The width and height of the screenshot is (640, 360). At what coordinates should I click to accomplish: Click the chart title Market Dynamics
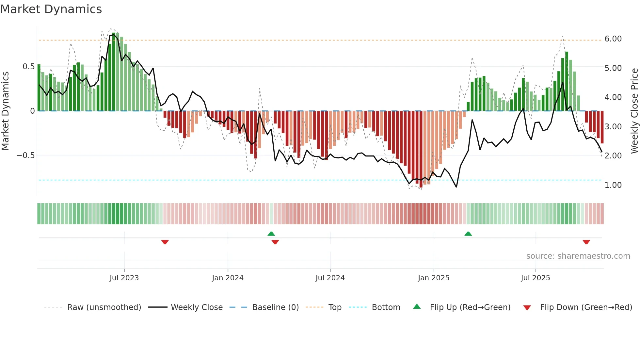(51, 9)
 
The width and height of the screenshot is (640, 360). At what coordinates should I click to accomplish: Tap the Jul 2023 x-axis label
(124, 278)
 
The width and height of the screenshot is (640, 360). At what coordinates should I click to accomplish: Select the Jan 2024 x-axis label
(228, 278)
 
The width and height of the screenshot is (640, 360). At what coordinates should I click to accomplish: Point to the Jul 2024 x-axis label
(330, 278)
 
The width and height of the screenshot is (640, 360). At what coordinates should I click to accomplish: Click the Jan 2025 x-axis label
(433, 278)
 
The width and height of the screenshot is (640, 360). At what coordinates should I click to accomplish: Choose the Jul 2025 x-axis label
(535, 278)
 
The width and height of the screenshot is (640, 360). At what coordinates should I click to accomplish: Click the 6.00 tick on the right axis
(613, 39)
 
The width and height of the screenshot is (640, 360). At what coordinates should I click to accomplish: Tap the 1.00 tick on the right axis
(613, 185)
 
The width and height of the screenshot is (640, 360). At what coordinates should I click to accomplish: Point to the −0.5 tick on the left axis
(25, 155)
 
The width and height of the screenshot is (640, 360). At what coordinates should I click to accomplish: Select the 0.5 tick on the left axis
(28, 67)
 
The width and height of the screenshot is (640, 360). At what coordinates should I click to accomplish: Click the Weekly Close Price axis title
(634, 111)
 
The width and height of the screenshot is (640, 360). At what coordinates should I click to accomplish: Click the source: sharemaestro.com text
(578, 256)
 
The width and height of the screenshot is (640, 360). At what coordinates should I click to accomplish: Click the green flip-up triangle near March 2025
(468, 234)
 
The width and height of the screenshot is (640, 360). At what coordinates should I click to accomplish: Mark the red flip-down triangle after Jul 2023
(165, 242)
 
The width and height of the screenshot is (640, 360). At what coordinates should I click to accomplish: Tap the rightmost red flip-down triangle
(586, 242)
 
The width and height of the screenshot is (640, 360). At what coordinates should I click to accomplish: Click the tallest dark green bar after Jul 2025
(567, 82)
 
